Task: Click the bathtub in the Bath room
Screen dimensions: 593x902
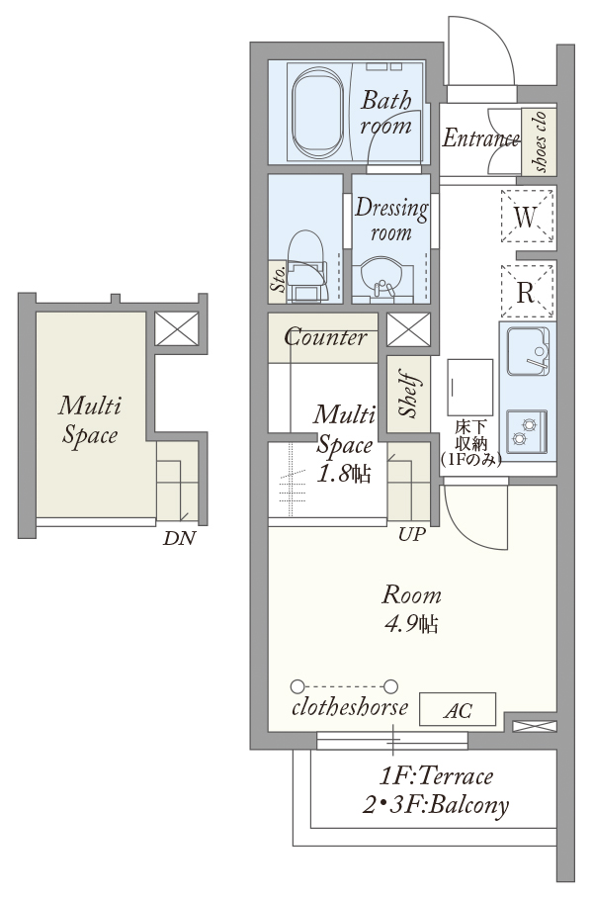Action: pyautogui.click(x=318, y=113)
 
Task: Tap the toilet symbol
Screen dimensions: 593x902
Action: pyautogui.click(x=306, y=266)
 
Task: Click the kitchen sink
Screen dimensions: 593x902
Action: pyautogui.click(x=528, y=350)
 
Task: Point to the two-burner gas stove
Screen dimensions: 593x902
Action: pyautogui.click(x=527, y=431)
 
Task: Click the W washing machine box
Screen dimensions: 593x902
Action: pyautogui.click(x=526, y=217)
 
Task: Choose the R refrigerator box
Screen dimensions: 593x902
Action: pyautogui.click(x=526, y=292)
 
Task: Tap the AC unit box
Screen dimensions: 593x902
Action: pyautogui.click(x=458, y=710)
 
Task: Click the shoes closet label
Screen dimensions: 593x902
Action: pyautogui.click(x=540, y=140)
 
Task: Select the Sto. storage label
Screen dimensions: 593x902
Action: pyautogui.click(x=278, y=279)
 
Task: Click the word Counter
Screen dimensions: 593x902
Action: pyautogui.click(x=325, y=337)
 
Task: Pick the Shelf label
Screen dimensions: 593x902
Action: pyautogui.click(x=408, y=396)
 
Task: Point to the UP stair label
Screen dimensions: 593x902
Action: pyautogui.click(x=412, y=535)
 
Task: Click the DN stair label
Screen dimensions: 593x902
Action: pyautogui.click(x=179, y=538)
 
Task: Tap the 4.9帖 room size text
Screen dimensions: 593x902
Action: pyautogui.click(x=411, y=623)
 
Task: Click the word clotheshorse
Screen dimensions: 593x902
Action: pyautogui.click(x=350, y=707)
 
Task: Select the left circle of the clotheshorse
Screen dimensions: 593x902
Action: pyautogui.click(x=297, y=686)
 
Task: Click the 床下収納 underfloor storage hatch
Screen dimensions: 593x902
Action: pyautogui.click(x=470, y=387)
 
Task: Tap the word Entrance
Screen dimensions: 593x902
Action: pyautogui.click(x=481, y=138)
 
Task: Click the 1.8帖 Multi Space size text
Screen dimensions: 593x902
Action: pyautogui.click(x=344, y=474)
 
